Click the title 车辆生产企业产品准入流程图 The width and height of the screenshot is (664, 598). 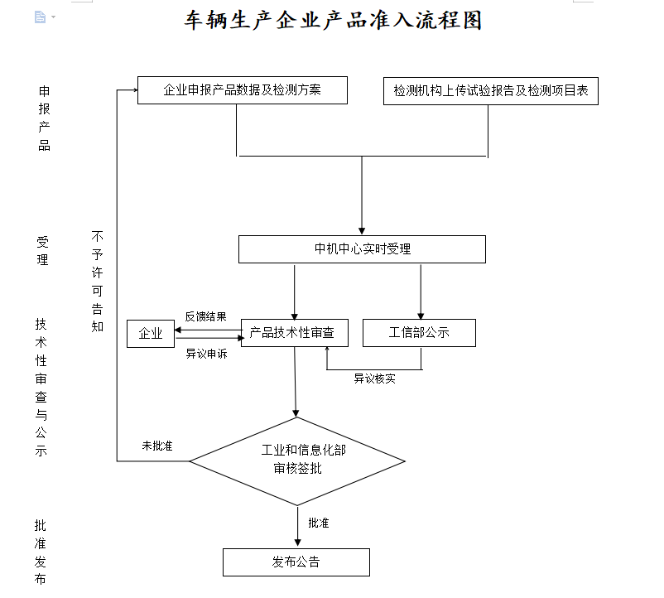pyautogui.click(x=333, y=20)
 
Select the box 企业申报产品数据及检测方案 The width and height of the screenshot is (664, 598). pyautogui.click(x=243, y=90)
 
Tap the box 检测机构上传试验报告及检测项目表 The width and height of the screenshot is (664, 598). pyautogui.click(x=491, y=91)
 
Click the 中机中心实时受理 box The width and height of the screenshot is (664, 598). pyautogui.click(x=362, y=249)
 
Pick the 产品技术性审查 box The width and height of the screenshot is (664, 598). pyautogui.click(x=295, y=333)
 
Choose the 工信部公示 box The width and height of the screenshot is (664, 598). pyautogui.click(x=419, y=333)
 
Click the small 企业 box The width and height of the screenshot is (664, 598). pyautogui.click(x=151, y=334)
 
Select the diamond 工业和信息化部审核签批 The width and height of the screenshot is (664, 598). pyautogui.click(x=297, y=461)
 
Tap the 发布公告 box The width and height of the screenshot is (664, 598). pyautogui.click(x=296, y=562)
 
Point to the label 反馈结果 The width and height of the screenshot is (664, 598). pyautogui.click(x=206, y=316)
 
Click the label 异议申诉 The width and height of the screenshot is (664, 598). pyautogui.click(x=207, y=354)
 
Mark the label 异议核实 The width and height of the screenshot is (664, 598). pyautogui.click(x=375, y=379)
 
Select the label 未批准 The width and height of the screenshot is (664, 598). pyautogui.click(x=157, y=446)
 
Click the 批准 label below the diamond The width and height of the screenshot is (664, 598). pyautogui.click(x=319, y=523)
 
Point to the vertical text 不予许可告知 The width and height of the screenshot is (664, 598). pyautogui.click(x=98, y=282)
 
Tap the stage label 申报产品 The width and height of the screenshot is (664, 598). pyautogui.click(x=44, y=118)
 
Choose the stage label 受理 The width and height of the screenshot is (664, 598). pyautogui.click(x=42, y=251)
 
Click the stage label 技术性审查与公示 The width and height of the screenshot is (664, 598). pyautogui.click(x=41, y=388)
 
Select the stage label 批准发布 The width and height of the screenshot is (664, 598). pyautogui.click(x=41, y=552)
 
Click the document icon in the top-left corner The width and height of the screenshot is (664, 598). pyautogui.click(x=41, y=17)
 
